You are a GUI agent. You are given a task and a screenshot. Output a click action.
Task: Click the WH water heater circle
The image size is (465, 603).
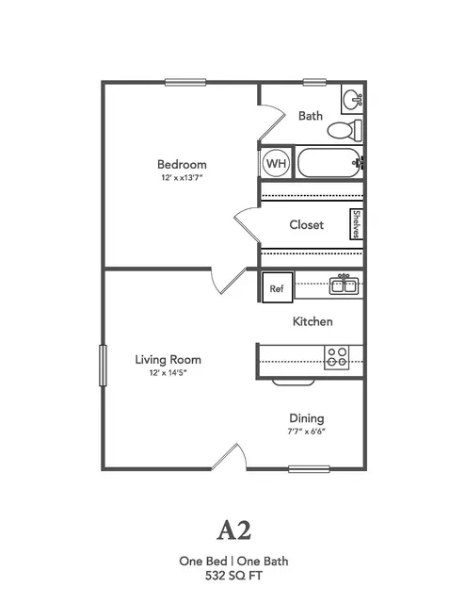coord(277,163)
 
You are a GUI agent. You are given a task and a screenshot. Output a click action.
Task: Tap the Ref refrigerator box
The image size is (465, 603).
coord(278,287)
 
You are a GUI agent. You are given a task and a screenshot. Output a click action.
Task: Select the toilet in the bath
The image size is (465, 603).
coord(345,130)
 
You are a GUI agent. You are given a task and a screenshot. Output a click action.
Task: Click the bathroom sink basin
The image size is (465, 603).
coord(352,100)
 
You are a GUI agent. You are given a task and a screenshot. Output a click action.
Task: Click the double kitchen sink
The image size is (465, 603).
coord(344,285)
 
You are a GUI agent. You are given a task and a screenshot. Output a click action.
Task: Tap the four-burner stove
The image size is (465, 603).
coord(337,357)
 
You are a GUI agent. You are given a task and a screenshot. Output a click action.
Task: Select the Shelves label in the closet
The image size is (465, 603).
coord(357,224)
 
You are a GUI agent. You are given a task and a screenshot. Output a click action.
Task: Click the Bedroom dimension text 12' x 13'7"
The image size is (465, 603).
coord(182,178)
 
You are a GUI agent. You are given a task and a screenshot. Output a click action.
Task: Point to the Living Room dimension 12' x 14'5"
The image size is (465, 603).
coord(168,373)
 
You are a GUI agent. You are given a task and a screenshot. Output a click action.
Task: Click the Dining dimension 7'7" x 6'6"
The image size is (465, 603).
coord(306,432)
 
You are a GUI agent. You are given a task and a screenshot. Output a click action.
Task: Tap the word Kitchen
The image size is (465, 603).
coord(313,321)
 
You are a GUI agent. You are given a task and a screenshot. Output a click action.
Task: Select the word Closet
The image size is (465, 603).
coord(306,224)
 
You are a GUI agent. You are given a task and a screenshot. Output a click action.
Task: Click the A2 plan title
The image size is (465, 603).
coord(233,530)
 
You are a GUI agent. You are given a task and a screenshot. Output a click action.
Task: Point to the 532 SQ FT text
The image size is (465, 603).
coord(233,576)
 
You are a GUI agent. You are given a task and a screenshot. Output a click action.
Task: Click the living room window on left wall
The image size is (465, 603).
coord(103,366)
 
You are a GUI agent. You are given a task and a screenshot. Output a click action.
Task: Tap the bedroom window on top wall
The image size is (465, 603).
coord(185,82)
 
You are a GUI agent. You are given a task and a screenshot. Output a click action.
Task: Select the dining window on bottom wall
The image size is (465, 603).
coord(309,469)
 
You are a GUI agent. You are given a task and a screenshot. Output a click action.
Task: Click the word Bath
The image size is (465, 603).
coord(311,116)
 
